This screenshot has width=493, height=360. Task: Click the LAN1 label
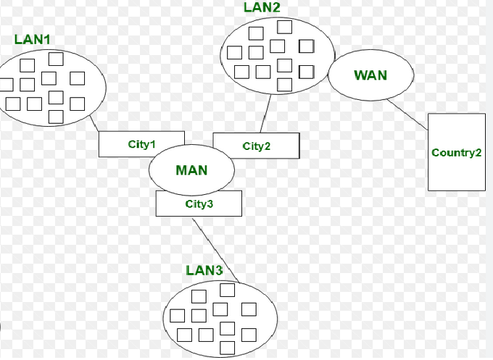click(x=33, y=38)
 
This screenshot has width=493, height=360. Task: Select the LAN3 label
click(x=204, y=271)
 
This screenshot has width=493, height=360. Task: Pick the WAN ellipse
click(x=370, y=75)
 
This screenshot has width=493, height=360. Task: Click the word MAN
click(x=191, y=171)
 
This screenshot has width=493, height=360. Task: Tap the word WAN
click(x=370, y=75)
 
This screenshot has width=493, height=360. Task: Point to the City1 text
click(x=142, y=144)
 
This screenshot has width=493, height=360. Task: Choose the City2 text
click(x=257, y=146)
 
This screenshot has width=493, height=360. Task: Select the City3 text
click(x=199, y=204)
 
